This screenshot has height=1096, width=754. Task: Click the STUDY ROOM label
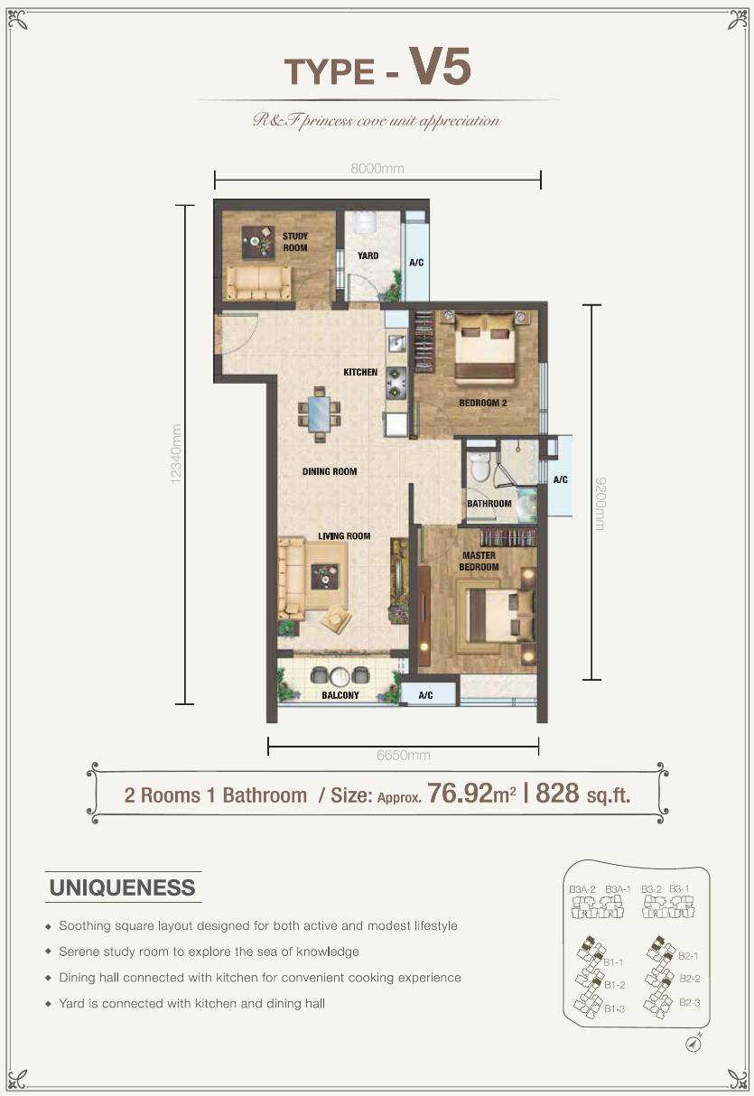pyautogui.click(x=295, y=242)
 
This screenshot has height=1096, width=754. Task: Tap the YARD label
pyautogui.click(x=368, y=255)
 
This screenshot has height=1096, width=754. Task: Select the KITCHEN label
pyautogui.click(x=360, y=372)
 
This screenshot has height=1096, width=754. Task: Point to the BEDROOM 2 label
pyautogui.click(x=482, y=404)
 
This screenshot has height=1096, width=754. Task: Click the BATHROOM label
pyautogui.click(x=489, y=504)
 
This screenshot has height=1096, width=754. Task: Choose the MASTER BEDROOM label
pyautogui.click(x=479, y=562)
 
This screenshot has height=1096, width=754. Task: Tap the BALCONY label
pyautogui.click(x=340, y=695)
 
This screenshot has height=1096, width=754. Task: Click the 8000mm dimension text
pyautogui.click(x=377, y=169)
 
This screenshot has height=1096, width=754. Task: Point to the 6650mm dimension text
pyautogui.click(x=403, y=755)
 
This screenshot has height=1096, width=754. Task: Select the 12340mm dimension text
pyautogui.click(x=177, y=454)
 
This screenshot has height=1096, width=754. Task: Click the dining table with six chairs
pyautogui.click(x=319, y=414)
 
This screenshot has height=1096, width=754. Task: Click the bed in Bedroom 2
pyautogui.click(x=485, y=348)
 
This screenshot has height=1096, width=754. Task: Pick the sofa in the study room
pyautogui.click(x=258, y=283)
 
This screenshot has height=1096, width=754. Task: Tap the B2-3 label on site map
pyautogui.click(x=689, y=1002)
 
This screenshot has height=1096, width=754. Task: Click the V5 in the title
pyautogui.click(x=440, y=66)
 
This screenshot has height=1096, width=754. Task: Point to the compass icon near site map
pyautogui.click(x=693, y=1042)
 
